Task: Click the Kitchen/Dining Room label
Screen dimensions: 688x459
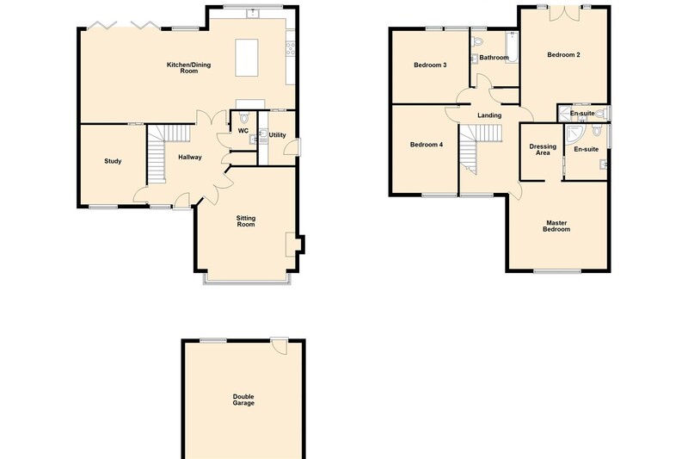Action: (x=188, y=68)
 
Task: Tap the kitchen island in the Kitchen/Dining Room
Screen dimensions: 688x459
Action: (x=247, y=58)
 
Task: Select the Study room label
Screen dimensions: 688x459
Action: (x=113, y=161)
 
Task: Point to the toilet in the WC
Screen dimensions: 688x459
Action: (x=244, y=118)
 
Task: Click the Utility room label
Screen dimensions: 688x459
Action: (x=277, y=135)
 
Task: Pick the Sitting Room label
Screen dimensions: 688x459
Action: (x=246, y=221)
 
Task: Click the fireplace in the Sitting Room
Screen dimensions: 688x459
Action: (x=291, y=245)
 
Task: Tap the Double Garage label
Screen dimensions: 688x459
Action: (x=243, y=400)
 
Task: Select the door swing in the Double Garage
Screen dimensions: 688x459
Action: (x=279, y=345)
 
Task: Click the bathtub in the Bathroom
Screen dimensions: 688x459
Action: (x=512, y=47)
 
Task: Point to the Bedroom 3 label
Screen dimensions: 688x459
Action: (x=430, y=65)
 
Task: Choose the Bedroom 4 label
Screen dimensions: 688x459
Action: (x=427, y=145)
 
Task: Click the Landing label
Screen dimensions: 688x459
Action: (x=489, y=115)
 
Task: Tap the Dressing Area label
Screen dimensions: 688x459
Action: (x=543, y=150)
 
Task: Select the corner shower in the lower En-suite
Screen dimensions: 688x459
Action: (x=574, y=134)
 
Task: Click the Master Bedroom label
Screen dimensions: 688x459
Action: (x=556, y=226)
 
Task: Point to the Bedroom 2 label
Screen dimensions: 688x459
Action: (x=564, y=55)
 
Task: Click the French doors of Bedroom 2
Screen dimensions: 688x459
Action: (x=564, y=13)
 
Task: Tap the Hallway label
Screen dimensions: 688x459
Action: (x=190, y=157)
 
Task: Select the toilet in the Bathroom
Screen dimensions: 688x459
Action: (x=477, y=41)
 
